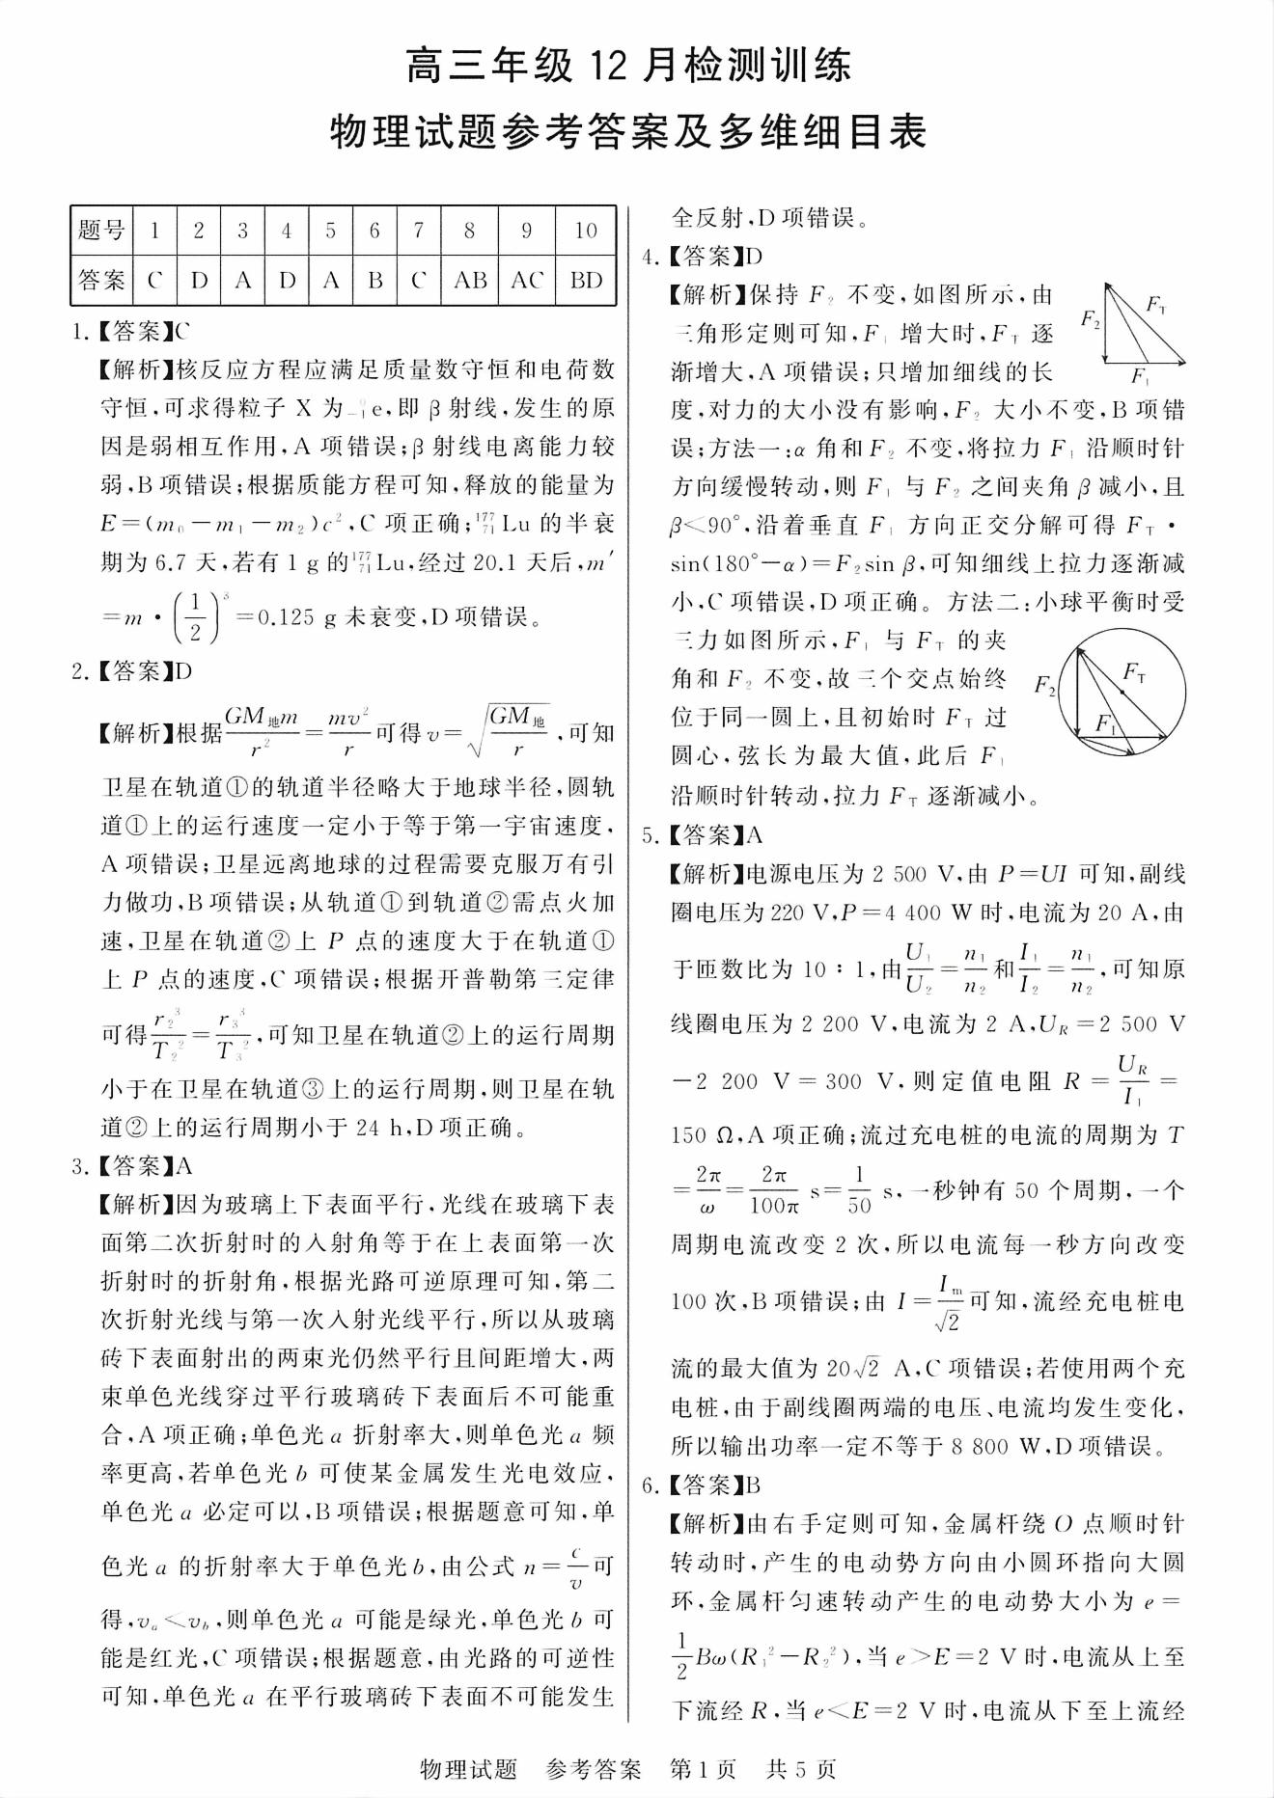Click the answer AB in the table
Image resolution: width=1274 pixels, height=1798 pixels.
[470, 280]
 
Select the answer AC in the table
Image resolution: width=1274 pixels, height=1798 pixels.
[527, 280]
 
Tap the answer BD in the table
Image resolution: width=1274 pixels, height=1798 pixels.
[586, 280]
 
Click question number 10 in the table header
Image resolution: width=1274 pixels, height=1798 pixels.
[586, 231]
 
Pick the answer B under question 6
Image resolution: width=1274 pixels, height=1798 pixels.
[375, 280]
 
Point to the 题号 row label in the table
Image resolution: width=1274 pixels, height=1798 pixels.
[101, 231]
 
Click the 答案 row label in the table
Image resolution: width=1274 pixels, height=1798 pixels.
[101, 280]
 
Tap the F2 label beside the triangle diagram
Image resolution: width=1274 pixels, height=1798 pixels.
[1091, 318]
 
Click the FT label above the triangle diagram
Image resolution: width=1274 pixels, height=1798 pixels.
[1155, 306]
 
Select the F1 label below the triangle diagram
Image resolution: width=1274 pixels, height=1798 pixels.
[1140, 374]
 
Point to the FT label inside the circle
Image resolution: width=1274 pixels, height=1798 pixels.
[1135, 672]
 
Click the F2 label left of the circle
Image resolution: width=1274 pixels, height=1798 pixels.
[1044, 685]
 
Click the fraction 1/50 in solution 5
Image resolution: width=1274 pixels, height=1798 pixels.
[858, 1189]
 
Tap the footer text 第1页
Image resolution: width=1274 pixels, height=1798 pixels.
[703, 1769]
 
